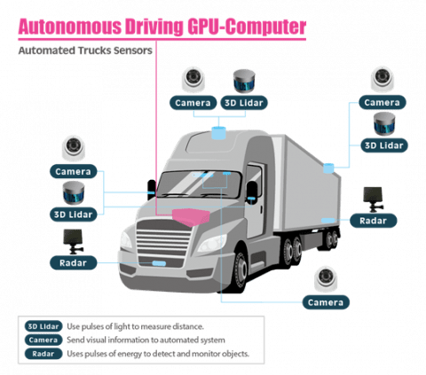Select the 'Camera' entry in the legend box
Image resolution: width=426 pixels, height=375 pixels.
click(43, 340)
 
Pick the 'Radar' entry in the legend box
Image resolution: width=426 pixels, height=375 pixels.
click(43, 353)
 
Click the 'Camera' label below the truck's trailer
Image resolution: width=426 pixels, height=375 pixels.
click(324, 302)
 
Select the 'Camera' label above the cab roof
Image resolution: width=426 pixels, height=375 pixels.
click(192, 103)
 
